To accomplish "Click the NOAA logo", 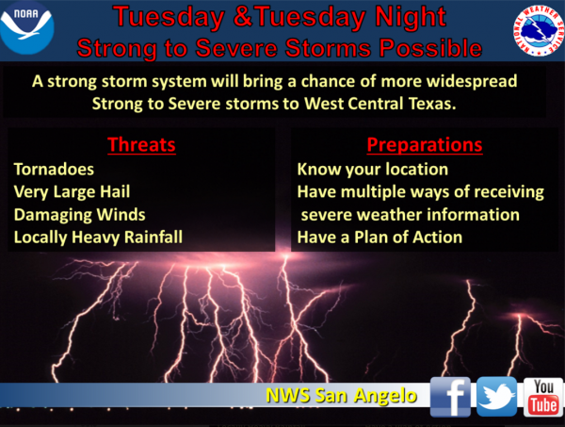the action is tap(27, 28).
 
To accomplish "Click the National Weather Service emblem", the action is tap(538, 30).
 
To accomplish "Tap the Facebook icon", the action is tap(450, 396).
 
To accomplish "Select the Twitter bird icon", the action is tap(497, 396).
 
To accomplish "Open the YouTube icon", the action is tap(543, 397).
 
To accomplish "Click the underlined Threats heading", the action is tap(141, 145).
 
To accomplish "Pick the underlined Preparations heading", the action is tap(425, 145).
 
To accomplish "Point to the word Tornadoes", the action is tap(54, 169).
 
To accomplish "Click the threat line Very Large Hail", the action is tap(72, 192).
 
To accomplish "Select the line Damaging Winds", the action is tap(80, 215).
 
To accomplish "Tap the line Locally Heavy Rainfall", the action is tap(98, 238).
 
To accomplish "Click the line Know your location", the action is tap(373, 170).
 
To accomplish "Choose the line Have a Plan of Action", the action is tap(379, 238).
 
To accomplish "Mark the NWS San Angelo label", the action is tap(341, 396).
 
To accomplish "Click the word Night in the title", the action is tap(411, 17).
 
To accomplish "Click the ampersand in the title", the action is tap(244, 17).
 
